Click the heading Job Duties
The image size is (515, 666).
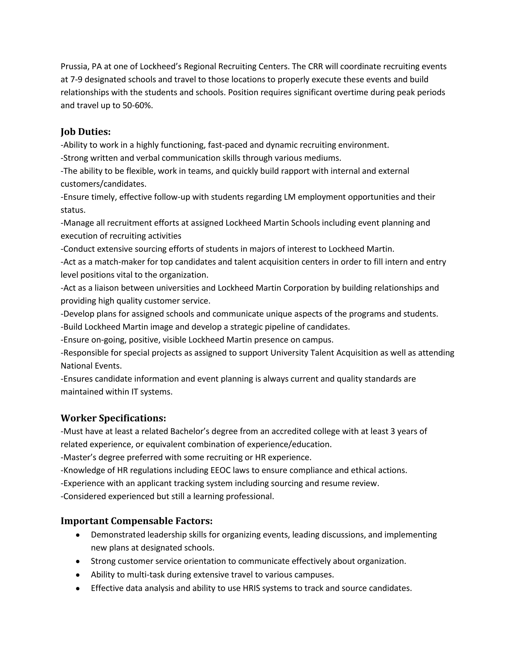(x=85, y=132)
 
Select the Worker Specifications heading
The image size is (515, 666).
(x=113, y=418)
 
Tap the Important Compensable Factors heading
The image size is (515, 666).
(x=136, y=521)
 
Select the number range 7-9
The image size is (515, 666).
(x=76, y=80)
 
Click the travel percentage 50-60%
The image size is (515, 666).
(x=137, y=106)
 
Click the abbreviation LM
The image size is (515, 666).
(x=289, y=197)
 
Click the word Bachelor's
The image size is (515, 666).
(x=189, y=431)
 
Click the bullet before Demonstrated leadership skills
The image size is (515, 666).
(x=78, y=535)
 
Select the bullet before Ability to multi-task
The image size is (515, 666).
(x=78, y=575)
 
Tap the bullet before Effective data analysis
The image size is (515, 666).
(x=78, y=588)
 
